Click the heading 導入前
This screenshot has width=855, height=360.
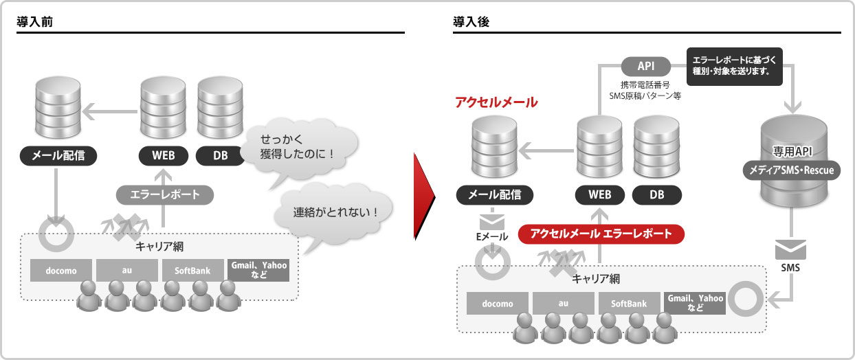[35, 22]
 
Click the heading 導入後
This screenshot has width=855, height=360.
[471, 22]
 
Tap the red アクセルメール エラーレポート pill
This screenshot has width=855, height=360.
[601, 234]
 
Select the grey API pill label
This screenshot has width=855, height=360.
[646, 67]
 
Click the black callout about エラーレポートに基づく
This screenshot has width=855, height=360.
[735, 66]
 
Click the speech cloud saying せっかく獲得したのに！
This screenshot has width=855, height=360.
[299, 148]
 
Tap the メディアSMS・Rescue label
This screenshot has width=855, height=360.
[791, 170]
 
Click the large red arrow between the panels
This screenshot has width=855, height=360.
[423, 196]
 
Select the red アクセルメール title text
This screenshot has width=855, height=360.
[496, 102]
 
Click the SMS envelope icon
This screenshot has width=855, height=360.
[790, 249]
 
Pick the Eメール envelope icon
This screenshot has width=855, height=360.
[492, 222]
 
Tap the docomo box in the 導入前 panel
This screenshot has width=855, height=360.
[61, 271]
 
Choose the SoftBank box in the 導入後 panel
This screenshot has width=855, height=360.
[629, 304]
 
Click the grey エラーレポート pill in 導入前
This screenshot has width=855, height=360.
[165, 195]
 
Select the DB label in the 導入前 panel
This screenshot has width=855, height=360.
[220, 155]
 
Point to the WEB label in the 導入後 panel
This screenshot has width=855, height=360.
[599, 195]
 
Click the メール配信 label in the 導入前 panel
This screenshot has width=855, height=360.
[58, 155]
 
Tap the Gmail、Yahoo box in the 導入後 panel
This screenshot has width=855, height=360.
[695, 304]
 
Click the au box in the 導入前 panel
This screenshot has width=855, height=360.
[127, 271]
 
